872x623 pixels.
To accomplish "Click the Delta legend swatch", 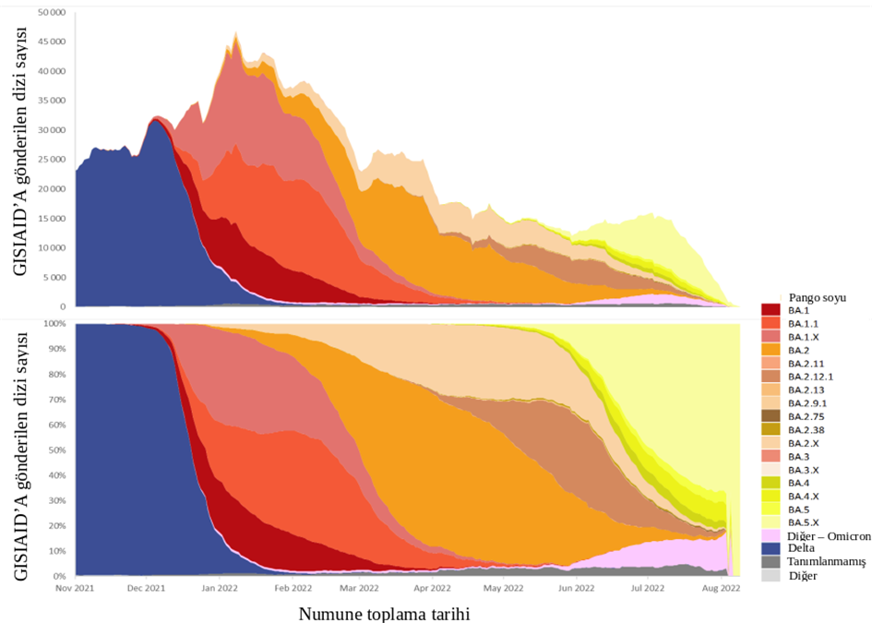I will (771, 547).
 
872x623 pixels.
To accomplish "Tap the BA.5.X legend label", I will (800, 521).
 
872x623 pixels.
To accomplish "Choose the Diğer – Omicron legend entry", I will (826, 534).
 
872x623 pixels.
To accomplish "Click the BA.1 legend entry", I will (796, 310).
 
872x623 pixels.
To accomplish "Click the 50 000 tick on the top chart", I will (52, 13).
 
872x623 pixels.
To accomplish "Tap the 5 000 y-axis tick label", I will (54, 277).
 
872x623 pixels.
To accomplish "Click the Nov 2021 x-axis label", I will (77, 587).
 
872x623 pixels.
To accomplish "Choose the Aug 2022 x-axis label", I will (720, 587).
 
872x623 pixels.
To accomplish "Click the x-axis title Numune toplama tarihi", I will (390, 612).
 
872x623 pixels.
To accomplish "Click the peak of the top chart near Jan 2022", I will (236, 33).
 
